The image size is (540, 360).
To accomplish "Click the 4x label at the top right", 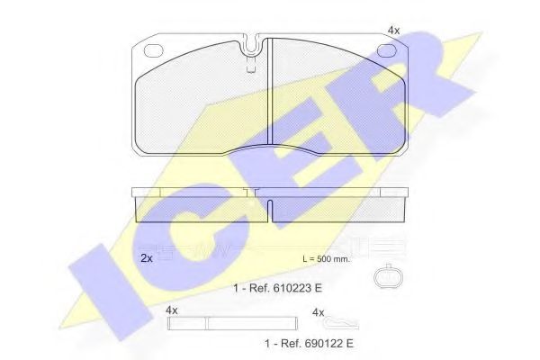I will [393, 31].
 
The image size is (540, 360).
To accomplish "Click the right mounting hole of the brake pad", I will [387, 50].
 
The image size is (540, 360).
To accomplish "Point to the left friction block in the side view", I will [200, 208].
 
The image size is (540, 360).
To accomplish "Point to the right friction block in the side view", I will [338, 208].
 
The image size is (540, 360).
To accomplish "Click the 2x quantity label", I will [147, 258].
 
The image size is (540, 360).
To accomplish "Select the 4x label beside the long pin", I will [171, 310].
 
